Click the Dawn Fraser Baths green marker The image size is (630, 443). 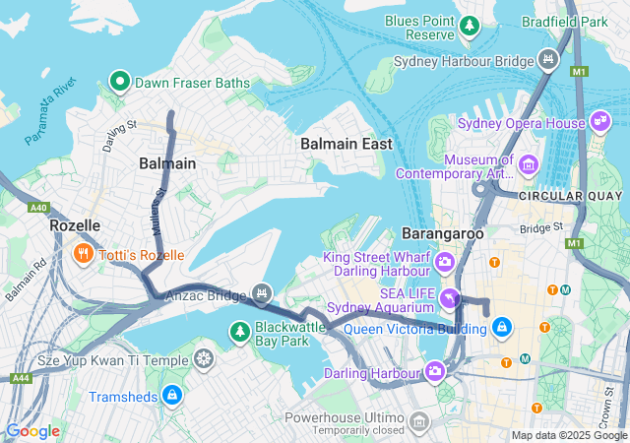point(120,82)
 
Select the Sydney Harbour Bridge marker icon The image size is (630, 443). point(548,61)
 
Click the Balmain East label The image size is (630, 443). point(346,144)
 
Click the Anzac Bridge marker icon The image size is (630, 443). point(262,292)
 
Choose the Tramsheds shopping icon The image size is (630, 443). point(172,396)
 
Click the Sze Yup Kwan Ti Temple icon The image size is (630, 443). point(204,359)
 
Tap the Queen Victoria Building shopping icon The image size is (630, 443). point(502,326)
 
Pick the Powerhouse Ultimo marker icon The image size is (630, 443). point(420,423)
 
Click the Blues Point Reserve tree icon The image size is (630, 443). point(470,25)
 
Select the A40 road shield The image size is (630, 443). point(39,208)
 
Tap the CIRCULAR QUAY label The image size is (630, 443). point(570,196)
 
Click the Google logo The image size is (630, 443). point(31,431)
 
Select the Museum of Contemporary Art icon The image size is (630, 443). point(530,163)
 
